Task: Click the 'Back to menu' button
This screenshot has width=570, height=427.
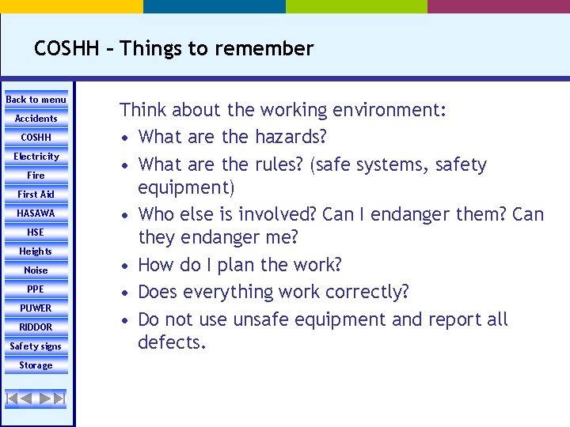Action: tap(36, 100)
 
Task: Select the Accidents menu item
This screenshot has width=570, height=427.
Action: tap(36, 119)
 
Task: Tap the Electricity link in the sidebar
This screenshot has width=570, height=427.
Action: tap(36, 157)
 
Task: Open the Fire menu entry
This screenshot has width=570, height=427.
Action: tap(36, 176)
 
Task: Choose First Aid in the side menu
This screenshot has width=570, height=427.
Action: tap(36, 195)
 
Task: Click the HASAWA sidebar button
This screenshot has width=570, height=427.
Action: tap(36, 213)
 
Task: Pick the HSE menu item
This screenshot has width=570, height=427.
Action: tap(36, 232)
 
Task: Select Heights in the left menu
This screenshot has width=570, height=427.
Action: tap(36, 251)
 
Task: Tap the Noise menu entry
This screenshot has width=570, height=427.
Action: tap(36, 270)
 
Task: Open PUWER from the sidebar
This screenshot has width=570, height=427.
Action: tap(36, 308)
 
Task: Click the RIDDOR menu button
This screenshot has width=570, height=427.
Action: tap(36, 327)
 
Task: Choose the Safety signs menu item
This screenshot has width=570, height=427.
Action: tap(36, 346)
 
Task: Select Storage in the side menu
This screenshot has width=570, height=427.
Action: tap(36, 365)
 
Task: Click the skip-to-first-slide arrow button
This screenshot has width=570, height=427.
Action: tap(13, 399)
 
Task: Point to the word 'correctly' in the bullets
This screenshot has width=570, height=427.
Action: tap(368, 292)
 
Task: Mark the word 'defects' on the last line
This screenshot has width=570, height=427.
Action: tap(169, 342)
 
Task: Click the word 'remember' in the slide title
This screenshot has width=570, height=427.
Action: tap(272, 48)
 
